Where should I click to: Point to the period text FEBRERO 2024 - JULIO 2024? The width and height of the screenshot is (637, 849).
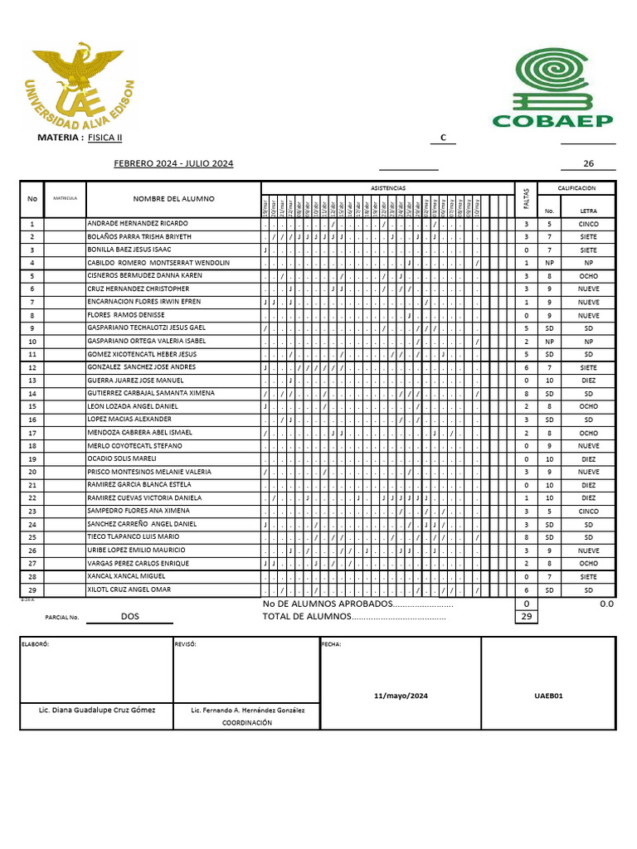pyautogui.click(x=173, y=164)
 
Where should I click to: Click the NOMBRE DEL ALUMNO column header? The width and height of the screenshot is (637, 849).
pyautogui.click(x=173, y=199)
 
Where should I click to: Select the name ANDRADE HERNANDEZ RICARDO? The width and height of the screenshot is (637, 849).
pyautogui.click(x=138, y=224)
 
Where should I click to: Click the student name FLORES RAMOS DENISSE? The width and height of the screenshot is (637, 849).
pyautogui.click(x=126, y=315)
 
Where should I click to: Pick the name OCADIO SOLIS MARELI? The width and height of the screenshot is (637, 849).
pyautogui.click(x=122, y=458)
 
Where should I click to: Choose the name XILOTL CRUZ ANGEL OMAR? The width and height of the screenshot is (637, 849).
pyautogui.click(x=129, y=589)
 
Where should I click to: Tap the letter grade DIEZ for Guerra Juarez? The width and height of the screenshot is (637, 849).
pyautogui.click(x=588, y=381)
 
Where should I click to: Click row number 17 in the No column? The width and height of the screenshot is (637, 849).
pyautogui.click(x=32, y=433)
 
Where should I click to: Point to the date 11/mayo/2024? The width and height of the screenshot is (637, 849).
pyautogui.click(x=400, y=696)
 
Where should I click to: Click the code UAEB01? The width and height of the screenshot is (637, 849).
pyautogui.click(x=548, y=696)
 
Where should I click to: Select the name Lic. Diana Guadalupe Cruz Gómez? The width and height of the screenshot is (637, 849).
pyautogui.click(x=96, y=711)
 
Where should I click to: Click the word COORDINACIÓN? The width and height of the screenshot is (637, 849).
pyautogui.click(x=247, y=723)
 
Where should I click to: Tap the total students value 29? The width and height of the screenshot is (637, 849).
pyautogui.click(x=525, y=617)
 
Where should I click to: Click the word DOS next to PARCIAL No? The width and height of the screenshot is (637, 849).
pyautogui.click(x=130, y=617)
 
